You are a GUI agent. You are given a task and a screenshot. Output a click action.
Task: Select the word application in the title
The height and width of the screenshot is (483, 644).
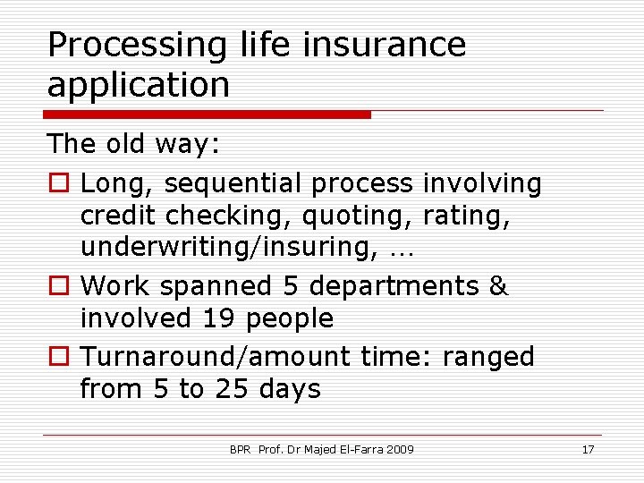(139, 85)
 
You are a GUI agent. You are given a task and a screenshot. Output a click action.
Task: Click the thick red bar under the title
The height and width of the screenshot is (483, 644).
(208, 114)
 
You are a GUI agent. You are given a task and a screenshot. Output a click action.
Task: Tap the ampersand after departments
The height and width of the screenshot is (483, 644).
(498, 286)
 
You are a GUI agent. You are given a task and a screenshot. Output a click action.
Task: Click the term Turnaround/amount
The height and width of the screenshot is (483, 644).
(216, 356)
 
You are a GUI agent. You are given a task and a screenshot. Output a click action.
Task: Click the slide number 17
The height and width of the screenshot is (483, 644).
(588, 449)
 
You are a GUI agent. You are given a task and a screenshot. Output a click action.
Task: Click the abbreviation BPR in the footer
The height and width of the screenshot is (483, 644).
(240, 449)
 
